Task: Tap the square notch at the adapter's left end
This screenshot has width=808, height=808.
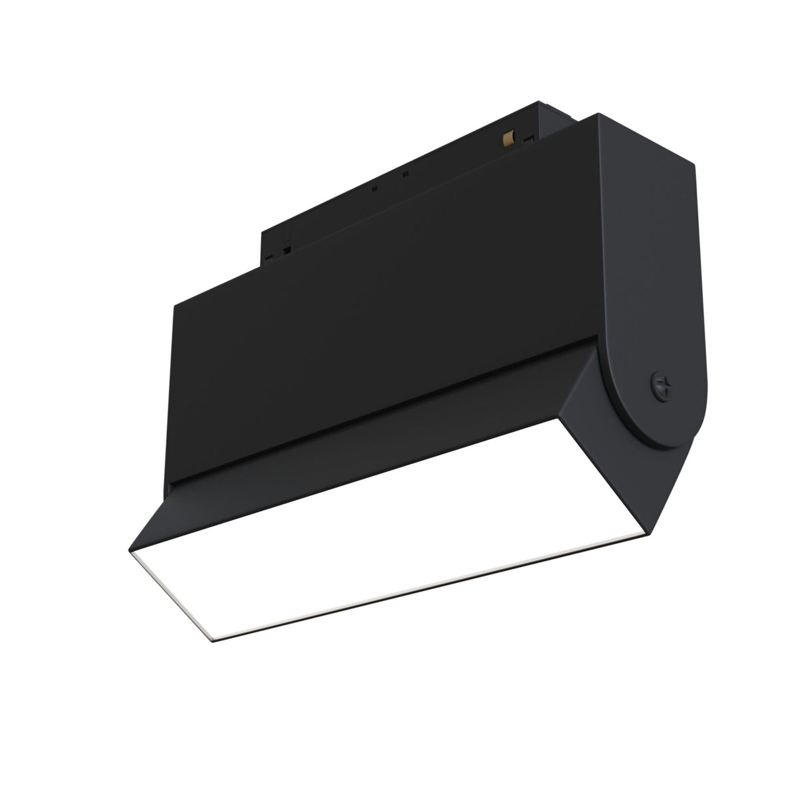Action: pyautogui.click(x=287, y=250)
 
